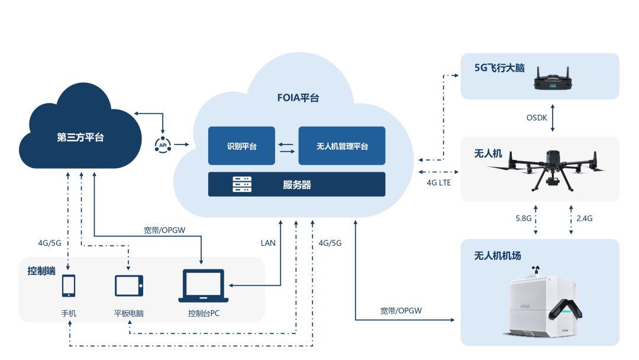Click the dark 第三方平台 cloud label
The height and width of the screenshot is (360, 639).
pyautogui.click(x=80, y=137)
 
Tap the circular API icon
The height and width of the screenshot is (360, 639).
pyautogui.click(x=163, y=144)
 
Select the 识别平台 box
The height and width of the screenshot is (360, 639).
pyautogui.click(x=241, y=146)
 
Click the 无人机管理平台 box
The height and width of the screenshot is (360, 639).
pyautogui.click(x=342, y=146)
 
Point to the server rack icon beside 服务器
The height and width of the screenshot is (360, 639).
pyautogui.click(x=242, y=185)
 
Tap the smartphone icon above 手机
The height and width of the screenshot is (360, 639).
pyautogui.click(x=69, y=286)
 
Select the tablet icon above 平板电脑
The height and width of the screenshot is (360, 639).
pyautogui.click(x=129, y=285)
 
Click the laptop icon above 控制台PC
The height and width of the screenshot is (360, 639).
pyautogui.click(x=204, y=287)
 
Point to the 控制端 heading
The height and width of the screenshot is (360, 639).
pyautogui.click(x=41, y=271)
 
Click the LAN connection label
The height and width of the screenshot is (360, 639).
pyautogui.click(x=268, y=243)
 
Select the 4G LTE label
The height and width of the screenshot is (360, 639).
pyautogui.click(x=438, y=183)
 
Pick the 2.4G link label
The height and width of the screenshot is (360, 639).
pyautogui.click(x=584, y=218)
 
